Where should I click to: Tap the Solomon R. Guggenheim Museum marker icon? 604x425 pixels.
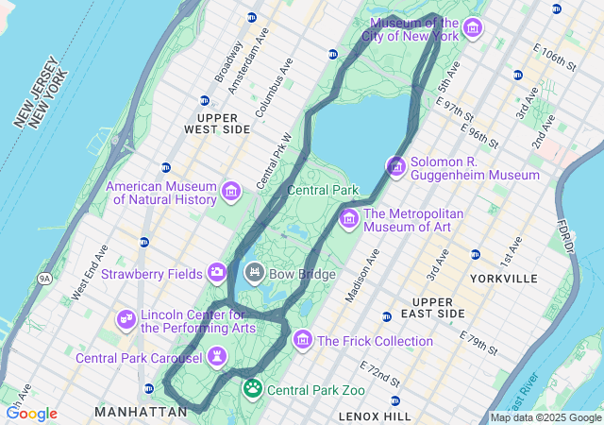(396, 167)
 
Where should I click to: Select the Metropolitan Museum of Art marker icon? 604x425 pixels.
(348, 219)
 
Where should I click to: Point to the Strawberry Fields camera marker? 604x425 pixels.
(217, 273)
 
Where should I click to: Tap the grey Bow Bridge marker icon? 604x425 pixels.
(253, 274)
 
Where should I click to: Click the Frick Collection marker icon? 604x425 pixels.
(302, 340)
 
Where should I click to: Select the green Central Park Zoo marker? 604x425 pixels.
(252, 388)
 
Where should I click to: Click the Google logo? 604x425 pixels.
(31, 414)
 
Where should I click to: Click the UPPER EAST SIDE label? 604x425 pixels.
(438, 307)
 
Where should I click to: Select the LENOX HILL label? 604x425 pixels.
(375, 416)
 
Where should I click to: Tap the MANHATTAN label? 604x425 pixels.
(141, 412)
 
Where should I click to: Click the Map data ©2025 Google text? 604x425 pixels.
(545, 417)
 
